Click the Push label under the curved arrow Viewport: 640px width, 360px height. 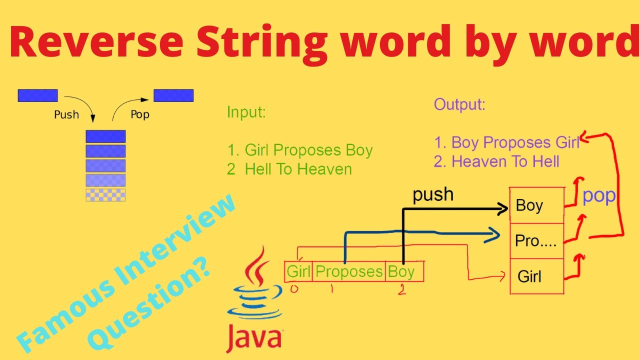coord(66,115)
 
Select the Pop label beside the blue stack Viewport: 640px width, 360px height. coord(140,114)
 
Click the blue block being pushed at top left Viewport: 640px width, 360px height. coord(37,95)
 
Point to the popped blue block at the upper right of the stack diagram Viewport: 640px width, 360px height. coord(173,95)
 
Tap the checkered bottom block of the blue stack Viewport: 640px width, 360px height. coord(105,195)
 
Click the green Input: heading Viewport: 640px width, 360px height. coord(246,112)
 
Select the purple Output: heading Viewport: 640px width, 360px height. coord(459,104)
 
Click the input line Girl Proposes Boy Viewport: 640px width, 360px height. coord(300,150)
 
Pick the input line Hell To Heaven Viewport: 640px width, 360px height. coord(289,169)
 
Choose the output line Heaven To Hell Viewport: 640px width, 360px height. coord(497,161)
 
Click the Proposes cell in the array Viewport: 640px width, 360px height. coord(349,271)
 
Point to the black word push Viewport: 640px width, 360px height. coord(433,194)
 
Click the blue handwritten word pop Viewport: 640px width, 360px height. coord(599,196)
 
